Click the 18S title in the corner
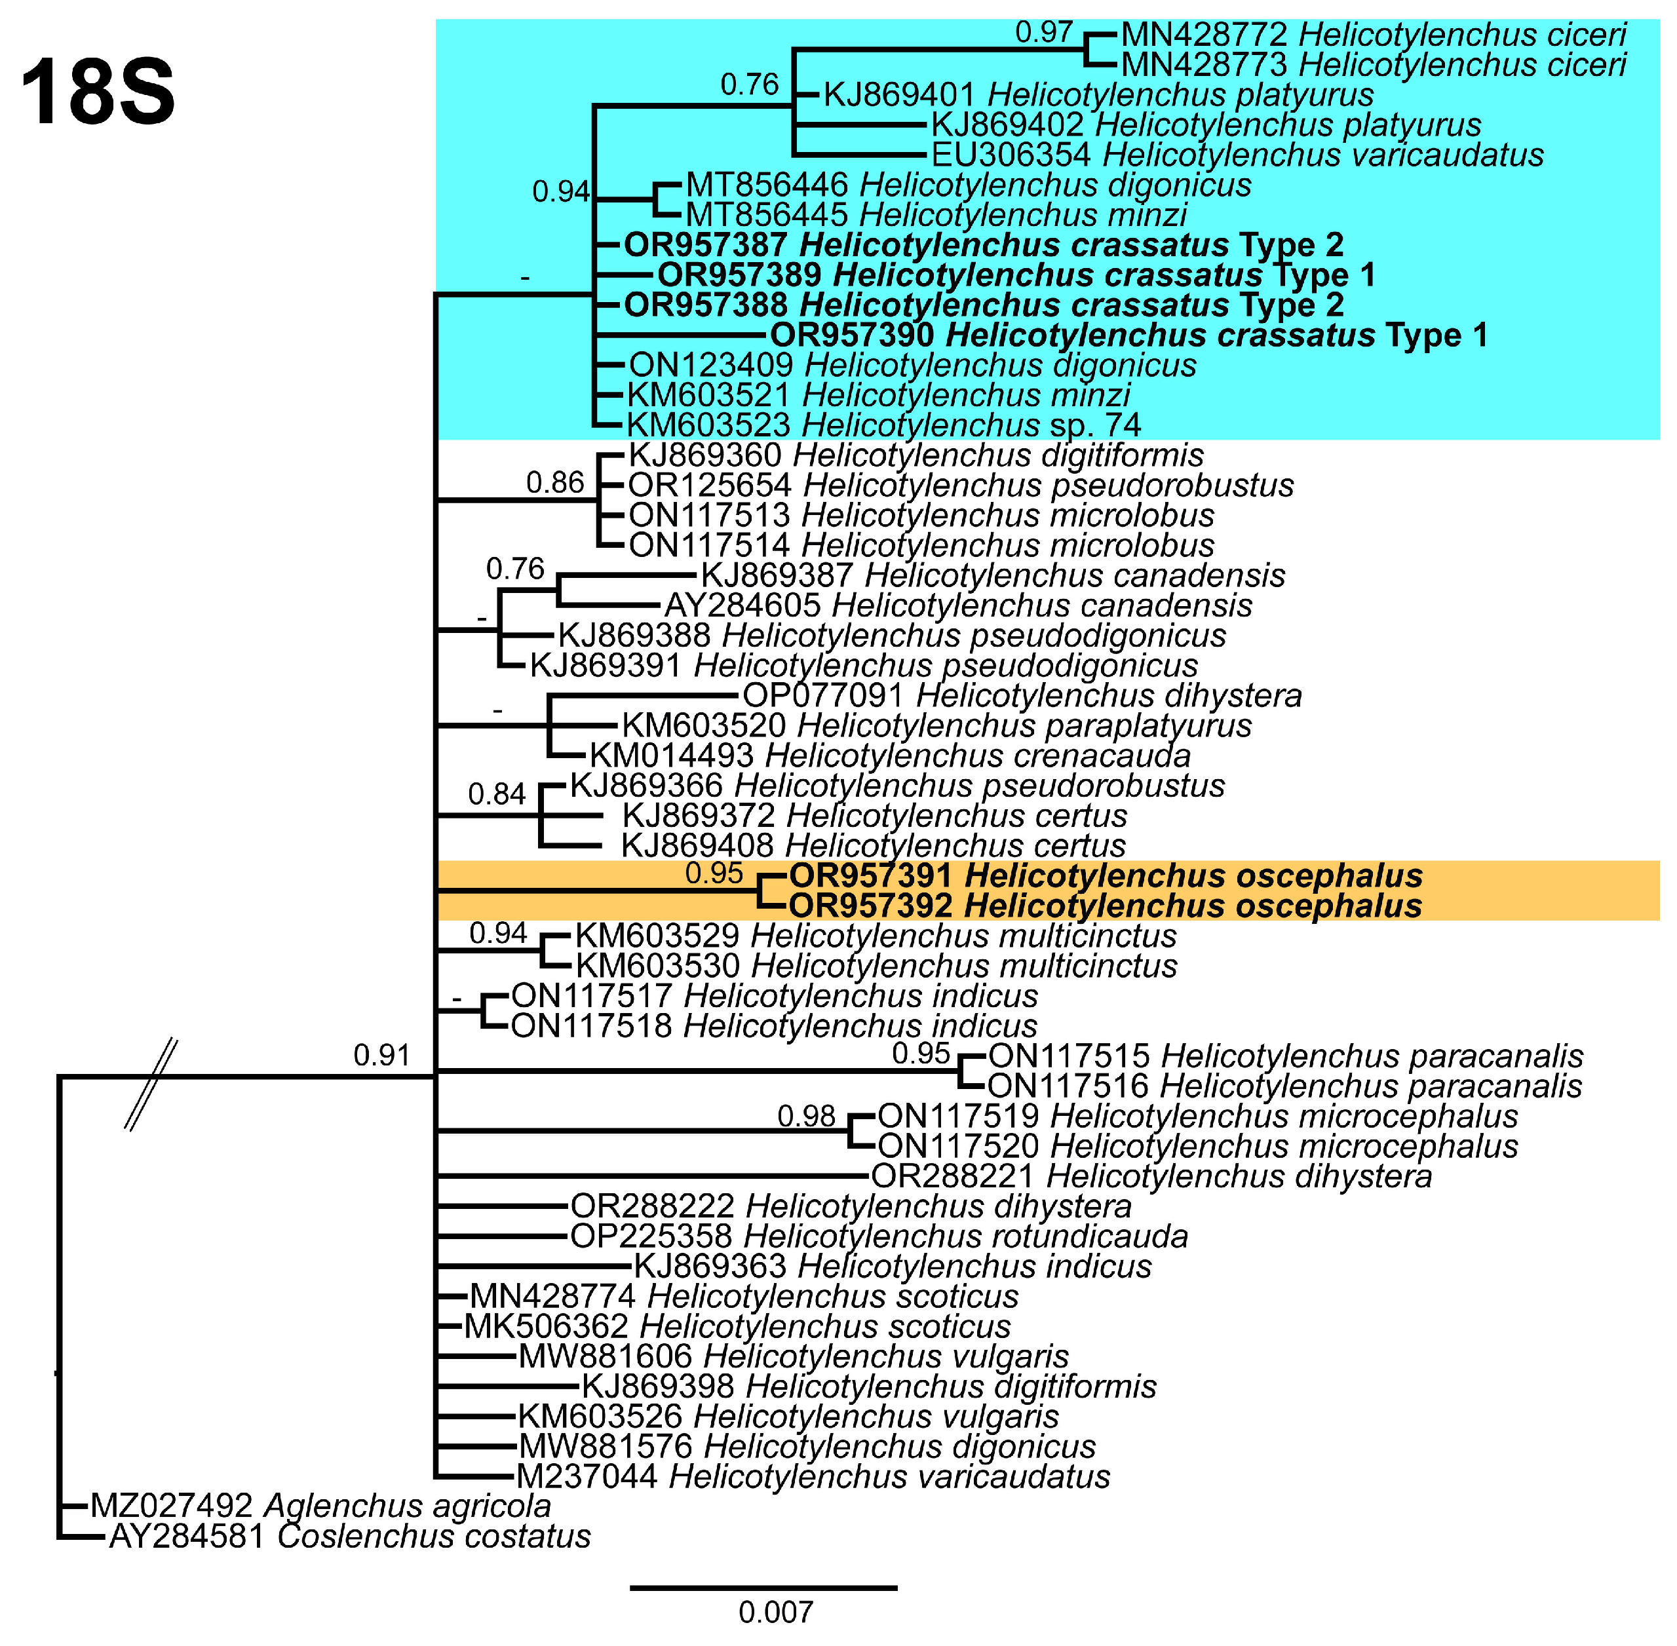(98, 93)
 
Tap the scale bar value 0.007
(775, 1613)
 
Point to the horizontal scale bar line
(763, 1587)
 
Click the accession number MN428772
(1204, 35)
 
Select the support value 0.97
(1043, 33)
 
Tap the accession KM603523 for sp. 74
(708, 425)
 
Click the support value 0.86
(555, 482)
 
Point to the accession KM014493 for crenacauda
(672, 756)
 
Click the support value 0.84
(496, 794)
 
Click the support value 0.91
(381, 1056)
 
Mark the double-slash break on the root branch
(151, 1084)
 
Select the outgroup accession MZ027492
(171, 1506)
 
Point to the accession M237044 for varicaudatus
(587, 1476)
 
